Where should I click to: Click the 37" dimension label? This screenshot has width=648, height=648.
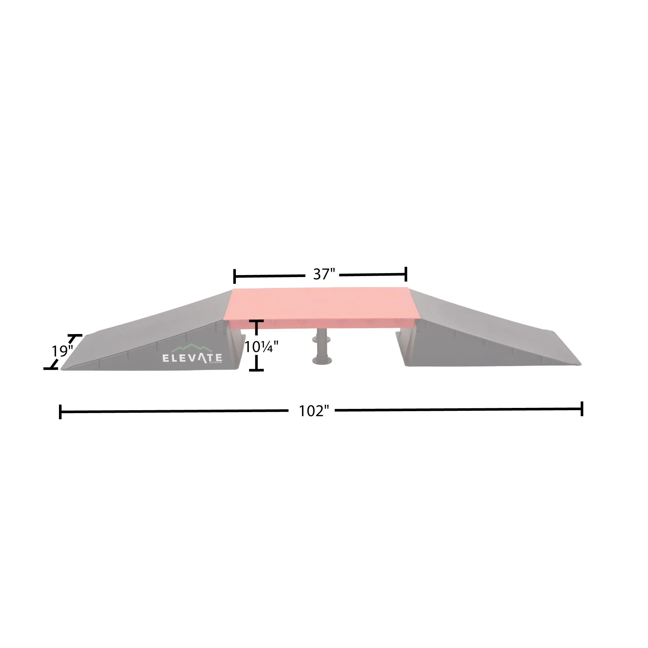coord(324,274)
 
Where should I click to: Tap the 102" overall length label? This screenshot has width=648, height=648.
coord(314,411)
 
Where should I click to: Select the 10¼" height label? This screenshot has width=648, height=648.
coord(261,346)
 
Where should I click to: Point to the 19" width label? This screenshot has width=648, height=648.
coord(62,351)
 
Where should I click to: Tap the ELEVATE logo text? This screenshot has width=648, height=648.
coord(192,358)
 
